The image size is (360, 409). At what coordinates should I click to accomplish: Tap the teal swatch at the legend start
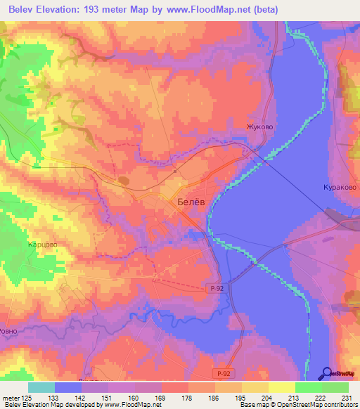pyautogui.click(x=41, y=387)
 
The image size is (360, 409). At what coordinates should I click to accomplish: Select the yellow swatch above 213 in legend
pyautogui.click(x=282, y=387)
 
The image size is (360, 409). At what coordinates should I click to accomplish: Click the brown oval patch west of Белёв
pyautogui.click(x=124, y=181)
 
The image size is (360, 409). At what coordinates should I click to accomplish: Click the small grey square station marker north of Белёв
pyautogui.click(x=175, y=170)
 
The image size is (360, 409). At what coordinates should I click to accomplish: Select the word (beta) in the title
pyautogui.click(x=266, y=10)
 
